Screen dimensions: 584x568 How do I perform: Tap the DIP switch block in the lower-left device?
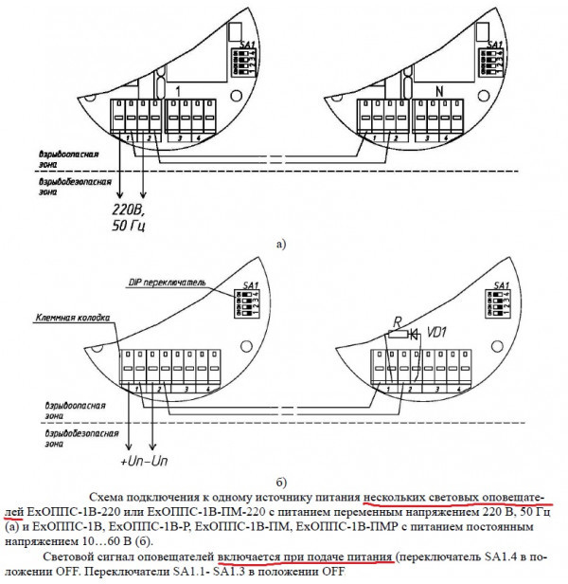point(250,301)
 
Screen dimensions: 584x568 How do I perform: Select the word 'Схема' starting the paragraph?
point(111,497)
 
